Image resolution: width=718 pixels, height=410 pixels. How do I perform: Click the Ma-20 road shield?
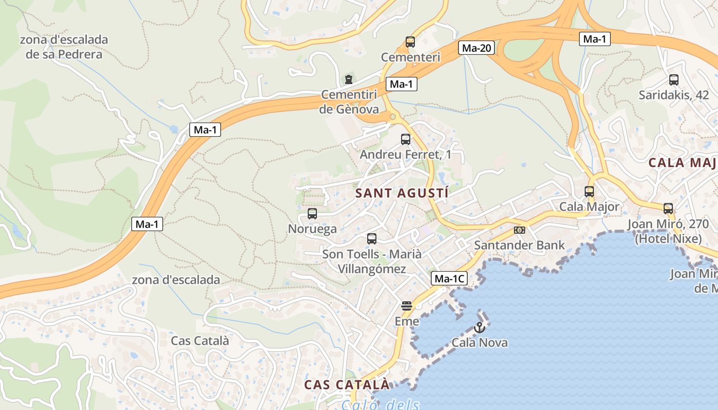[477, 48]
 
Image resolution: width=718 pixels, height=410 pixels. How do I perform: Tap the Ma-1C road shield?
[449, 279]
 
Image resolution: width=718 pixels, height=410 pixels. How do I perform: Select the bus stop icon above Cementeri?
[410, 42]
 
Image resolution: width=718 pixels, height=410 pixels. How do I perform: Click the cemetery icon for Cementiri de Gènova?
[349, 79]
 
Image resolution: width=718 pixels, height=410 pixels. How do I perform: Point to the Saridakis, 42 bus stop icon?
[673, 80]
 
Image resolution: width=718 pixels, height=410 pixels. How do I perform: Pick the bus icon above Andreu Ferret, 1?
[405, 139]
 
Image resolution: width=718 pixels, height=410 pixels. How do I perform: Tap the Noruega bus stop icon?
[312, 214]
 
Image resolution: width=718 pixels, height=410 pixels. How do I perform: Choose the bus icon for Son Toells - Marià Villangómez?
[371, 239]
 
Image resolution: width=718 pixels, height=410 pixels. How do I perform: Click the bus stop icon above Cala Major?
[589, 192]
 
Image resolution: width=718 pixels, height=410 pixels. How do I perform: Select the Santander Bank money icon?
[520, 230]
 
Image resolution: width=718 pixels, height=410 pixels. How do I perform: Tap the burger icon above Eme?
[407, 306]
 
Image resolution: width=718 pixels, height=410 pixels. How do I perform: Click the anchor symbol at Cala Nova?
[480, 327]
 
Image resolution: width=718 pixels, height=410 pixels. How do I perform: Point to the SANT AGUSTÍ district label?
[402, 193]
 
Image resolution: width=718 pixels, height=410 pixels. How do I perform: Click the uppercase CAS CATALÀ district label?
[347, 384]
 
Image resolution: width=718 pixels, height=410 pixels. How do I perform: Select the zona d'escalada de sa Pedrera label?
[64, 47]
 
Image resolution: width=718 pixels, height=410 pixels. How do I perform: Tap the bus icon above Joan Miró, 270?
[668, 209]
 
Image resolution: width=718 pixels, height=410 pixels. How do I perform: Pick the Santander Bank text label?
[519, 245]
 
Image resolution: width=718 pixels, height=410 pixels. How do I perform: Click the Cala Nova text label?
[480, 342]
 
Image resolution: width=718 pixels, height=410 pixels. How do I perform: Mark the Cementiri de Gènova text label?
[349, 101]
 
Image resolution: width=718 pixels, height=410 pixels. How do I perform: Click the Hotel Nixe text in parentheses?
[668, 239]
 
